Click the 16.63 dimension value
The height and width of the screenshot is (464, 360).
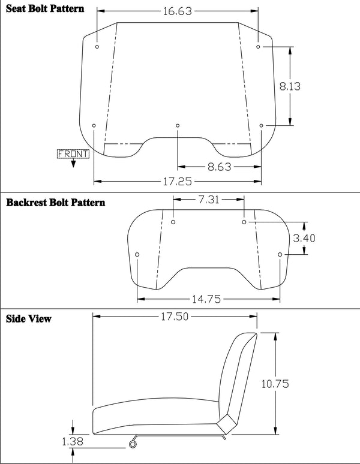178,11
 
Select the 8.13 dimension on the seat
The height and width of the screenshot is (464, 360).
290,86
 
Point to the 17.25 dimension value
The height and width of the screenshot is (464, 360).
178,180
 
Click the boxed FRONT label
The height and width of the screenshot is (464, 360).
73,154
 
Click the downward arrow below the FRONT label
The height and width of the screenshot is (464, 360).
73,164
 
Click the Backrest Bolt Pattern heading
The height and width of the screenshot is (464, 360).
55,203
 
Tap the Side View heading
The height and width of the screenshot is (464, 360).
28,318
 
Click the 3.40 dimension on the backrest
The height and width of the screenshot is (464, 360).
303,238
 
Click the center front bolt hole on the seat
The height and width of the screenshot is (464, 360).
178,125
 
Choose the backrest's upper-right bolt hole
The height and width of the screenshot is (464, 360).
244,222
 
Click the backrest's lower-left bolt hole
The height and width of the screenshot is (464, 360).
137,255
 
